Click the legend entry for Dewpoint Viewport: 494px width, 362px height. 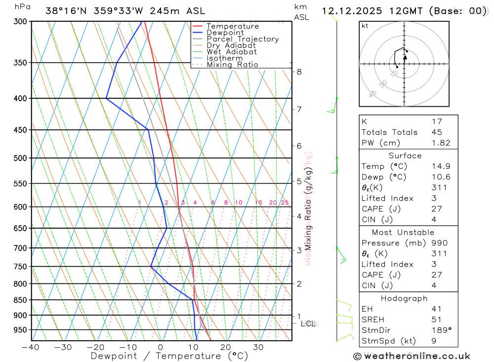(x=225, y=33)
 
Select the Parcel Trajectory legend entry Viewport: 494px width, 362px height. (x=242, y=39)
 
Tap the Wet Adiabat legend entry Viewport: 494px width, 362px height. (x=231, y=51)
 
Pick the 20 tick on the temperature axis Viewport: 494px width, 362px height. (x=226, y=347)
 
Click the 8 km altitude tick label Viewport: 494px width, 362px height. (x=299, y=72)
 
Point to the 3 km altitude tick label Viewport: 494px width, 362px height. (x=299, y=250)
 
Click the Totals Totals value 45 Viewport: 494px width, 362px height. (x=437, y=132)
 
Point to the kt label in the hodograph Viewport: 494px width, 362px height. (x=365, y=26)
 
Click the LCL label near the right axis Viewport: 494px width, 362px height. (x=308, y=324)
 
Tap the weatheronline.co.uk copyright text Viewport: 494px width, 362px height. (x=412, y=356)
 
